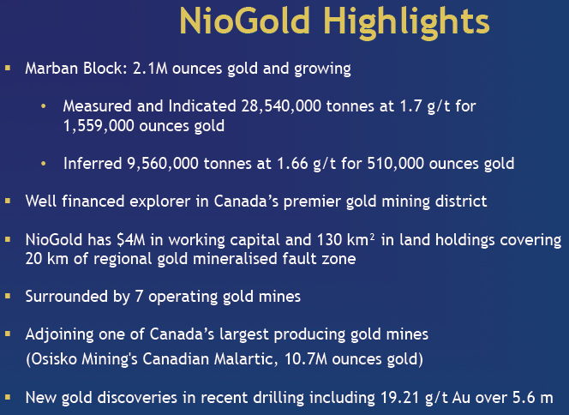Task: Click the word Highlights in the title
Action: click(406, 22)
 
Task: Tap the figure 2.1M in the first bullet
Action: click(150, 69)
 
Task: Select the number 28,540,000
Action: click(281, 106)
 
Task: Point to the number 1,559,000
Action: click(99, 126)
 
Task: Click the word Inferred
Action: click(93, 164)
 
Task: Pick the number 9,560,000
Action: click(163, 164)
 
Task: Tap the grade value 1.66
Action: click(292, 164)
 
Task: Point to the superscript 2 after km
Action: click(372, 238)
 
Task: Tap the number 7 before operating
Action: click(139, 297)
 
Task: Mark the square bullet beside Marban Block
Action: click(8, 68)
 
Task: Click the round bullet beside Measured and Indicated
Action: click(44, 106)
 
